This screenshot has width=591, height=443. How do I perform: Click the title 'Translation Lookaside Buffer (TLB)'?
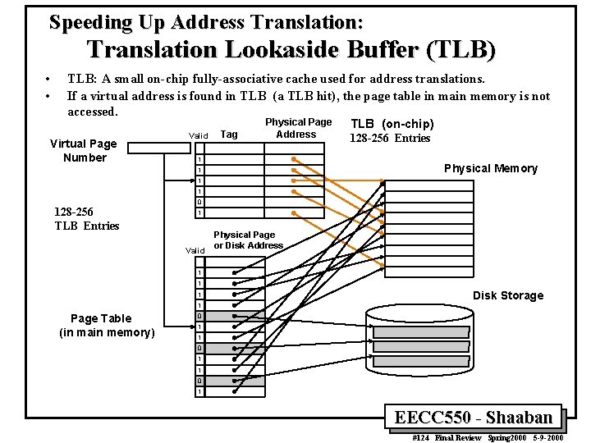pyautogui.click(x=291, y=51)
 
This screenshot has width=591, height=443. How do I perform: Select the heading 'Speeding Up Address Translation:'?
pyautogui.click(x=207, y=21)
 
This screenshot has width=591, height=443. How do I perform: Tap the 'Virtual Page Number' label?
pyautogui.click(x=84, y=150)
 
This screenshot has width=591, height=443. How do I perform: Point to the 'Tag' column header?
pyautogui.click(x=231, y=135)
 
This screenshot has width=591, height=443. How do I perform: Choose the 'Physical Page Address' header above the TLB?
pyautogui.click(x=297, y=128)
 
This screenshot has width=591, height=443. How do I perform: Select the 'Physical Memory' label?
pyautogui.click(x=490, y=168)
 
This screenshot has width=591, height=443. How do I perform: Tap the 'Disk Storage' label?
pyautogui.click(x=507, y=295)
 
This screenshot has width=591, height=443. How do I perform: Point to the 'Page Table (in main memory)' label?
pyautogui.click(x=107, y=325)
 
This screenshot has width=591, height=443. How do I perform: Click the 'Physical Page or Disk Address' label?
pyautogui.click(x=247, y=240)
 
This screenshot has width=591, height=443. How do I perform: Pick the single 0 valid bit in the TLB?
pyautogui.click(x=199, y=202)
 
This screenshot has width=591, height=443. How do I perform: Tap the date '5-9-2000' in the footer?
pyautogui.click(x=559, y=436)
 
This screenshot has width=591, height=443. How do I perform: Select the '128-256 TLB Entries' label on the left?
pyautogui.click(x=87, y=218)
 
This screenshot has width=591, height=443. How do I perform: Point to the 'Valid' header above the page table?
pyautogui.click(x=195, y=250)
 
